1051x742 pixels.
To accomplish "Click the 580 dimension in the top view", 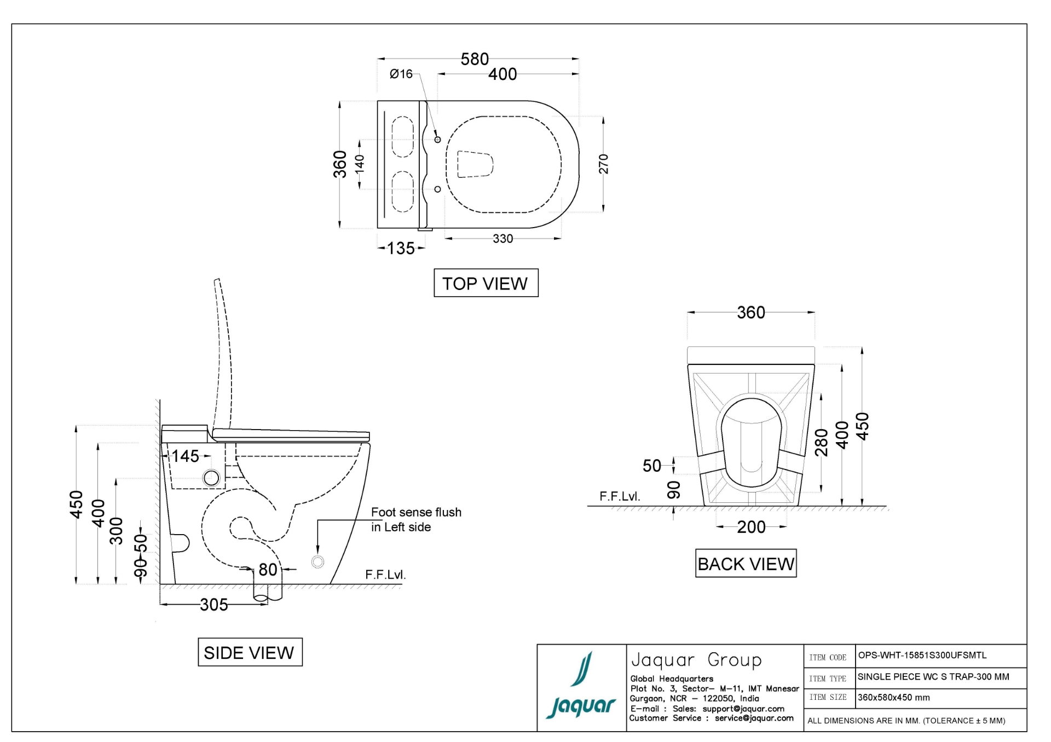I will point(474,59).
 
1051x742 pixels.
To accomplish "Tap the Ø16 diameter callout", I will point(401,74).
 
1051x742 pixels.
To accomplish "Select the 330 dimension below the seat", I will point(503,239).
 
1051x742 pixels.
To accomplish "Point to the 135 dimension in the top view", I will point(401,248).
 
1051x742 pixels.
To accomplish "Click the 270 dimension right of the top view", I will point(603,164).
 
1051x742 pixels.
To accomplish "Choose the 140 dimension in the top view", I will point(360,164).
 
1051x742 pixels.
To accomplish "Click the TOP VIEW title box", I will point(486,283).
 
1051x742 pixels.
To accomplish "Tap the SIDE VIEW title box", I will point(250,652).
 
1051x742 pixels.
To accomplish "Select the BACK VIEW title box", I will point(746,564).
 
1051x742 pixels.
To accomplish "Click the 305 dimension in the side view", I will point(213,605).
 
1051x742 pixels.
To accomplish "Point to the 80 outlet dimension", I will point(268,570).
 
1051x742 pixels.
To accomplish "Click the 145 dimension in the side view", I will point(185,456).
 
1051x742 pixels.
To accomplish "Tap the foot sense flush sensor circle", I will point(317,561).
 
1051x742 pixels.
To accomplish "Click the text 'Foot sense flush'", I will point(416,512).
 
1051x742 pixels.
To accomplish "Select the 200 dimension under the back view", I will point(751,527).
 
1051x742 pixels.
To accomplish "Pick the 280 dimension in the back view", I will point(821,442).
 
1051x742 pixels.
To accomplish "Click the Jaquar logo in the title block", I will point(581,688).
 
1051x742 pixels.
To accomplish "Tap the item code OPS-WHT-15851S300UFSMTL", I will point(922,656).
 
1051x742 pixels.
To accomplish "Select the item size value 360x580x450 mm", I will point(893,698).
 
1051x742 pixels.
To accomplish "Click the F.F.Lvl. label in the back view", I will point(619,496).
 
